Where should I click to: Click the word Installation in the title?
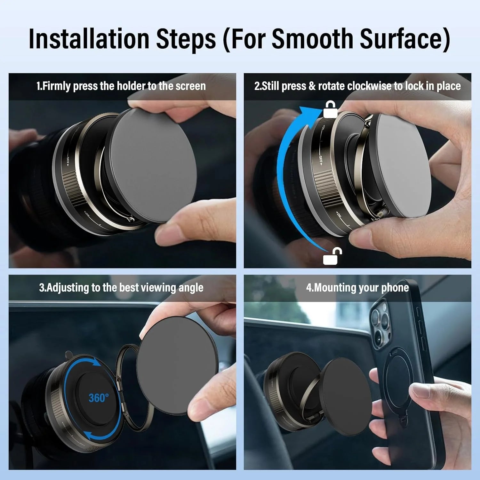tap(89, 39)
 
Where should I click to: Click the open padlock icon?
tap(332, 256)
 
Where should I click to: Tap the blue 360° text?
tap(99, 398)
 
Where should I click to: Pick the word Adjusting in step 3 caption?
tap(68, 288)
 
